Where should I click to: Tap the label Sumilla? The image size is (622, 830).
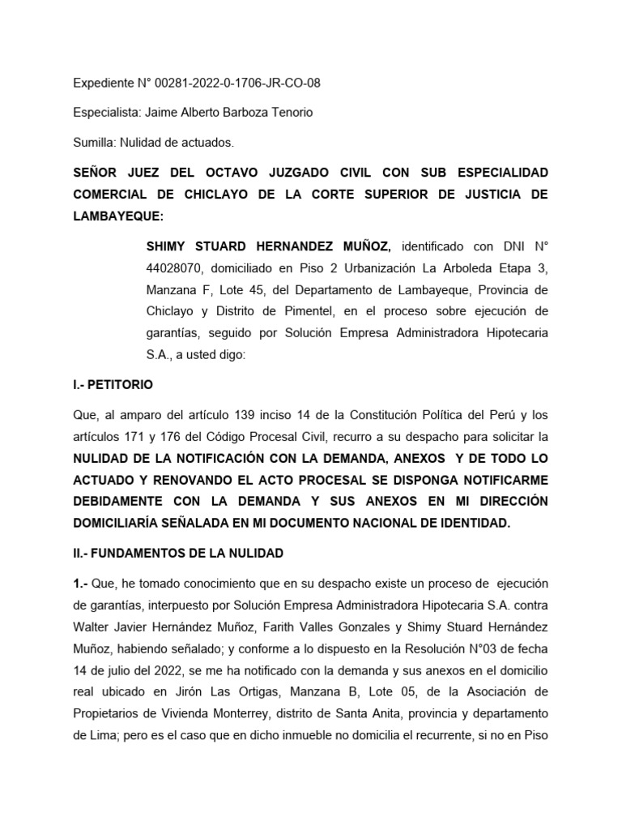(x=95, y=143)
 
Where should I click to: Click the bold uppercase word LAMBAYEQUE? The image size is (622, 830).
(x=117, y=216)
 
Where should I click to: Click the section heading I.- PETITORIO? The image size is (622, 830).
(x=113, y=384)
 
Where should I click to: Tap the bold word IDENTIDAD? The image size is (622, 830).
(x=472, y=523)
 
